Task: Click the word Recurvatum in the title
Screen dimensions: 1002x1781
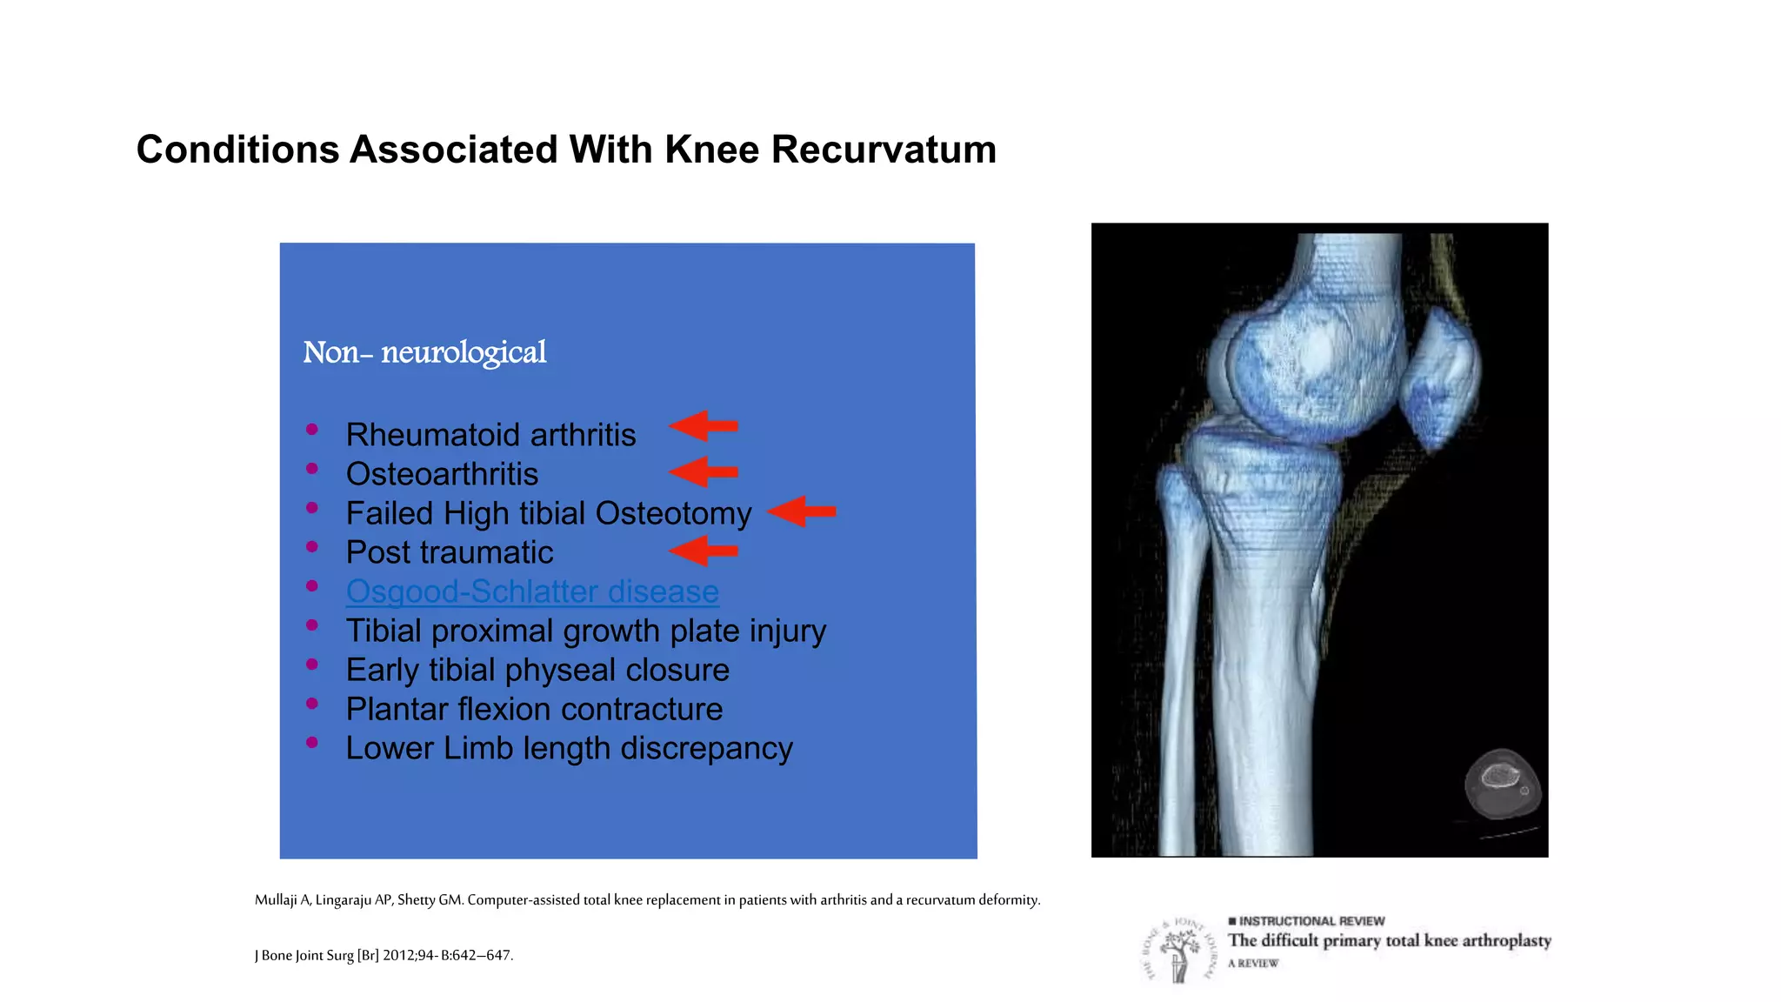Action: pos(884,150)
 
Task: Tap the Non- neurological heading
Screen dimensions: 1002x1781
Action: pos(424,352)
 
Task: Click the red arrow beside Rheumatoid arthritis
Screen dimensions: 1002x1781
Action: pos(704,426)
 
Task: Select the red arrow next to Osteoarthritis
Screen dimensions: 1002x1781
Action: pos(704,472)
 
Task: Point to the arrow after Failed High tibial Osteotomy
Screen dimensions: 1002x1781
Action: pos(802,511)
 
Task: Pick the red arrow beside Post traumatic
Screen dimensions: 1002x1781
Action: pos(704,551)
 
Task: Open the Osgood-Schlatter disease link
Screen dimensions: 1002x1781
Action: pos(532,591)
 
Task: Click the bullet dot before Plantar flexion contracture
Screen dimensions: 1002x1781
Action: pos(312,703)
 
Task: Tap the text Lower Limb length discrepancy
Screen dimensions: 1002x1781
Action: pos(569,748)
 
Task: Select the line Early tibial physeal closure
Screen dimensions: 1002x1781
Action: pos(537,670)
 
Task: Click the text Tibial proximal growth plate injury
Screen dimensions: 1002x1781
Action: pos(585,631)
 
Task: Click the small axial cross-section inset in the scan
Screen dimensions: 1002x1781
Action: pos(1502,785)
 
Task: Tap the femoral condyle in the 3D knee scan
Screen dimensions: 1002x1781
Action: pos(1304,370)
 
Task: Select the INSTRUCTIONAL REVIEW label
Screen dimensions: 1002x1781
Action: pos(1311,921)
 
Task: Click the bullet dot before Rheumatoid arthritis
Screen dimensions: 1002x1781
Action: pos(312,429)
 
